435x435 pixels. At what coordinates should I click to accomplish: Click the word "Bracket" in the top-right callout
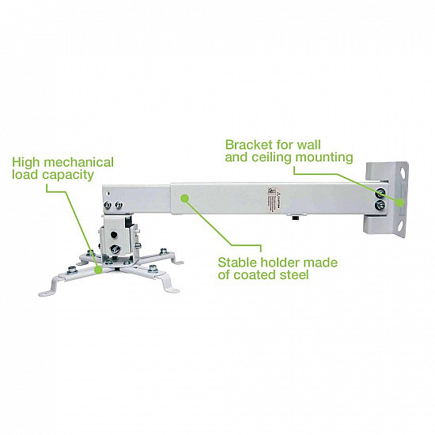coord(248,145)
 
